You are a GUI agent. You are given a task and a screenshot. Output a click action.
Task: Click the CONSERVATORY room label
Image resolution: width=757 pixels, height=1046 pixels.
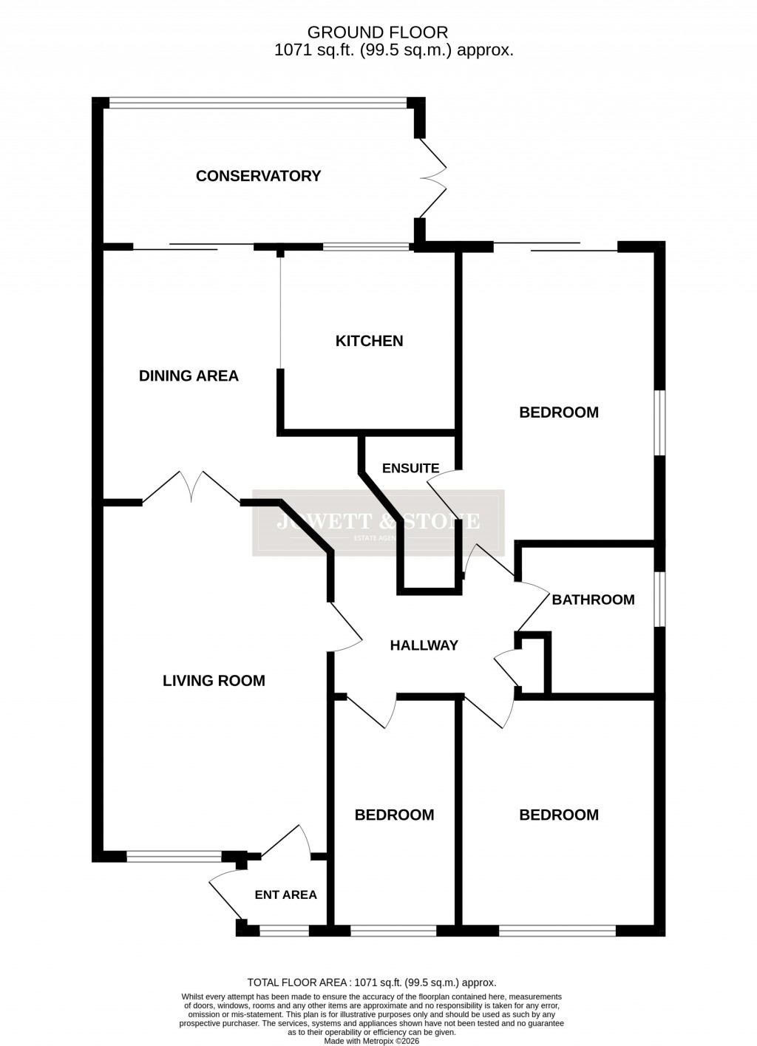[258, 176]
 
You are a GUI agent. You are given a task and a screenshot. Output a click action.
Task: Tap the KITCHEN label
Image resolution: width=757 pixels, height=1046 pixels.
[369, 341]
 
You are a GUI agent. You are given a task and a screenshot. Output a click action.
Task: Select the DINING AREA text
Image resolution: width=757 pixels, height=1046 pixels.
[189, 376]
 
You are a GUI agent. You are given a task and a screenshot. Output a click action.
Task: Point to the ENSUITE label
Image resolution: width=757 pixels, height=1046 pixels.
[410, 468]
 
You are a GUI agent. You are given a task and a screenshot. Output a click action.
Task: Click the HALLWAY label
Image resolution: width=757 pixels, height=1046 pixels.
[424, 645]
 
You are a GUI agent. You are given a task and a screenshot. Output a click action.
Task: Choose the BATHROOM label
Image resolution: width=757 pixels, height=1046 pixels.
[593, 600]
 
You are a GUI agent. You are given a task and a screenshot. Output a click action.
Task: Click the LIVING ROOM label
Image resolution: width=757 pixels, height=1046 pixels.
[214, 681]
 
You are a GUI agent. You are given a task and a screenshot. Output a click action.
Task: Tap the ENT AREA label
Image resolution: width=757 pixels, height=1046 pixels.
[285, 894]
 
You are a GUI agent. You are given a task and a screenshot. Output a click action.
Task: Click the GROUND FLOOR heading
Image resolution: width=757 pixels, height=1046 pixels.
[377, 32]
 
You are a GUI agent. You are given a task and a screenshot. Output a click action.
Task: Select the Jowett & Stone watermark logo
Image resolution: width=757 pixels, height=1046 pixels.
[378, 523]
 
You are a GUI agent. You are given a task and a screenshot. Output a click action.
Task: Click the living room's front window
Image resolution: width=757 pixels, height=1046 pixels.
[174, 857]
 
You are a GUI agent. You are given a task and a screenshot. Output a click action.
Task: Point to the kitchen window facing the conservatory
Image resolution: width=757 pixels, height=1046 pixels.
[366, 247]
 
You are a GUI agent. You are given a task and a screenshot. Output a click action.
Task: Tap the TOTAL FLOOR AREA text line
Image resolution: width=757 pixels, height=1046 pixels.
[371, 982]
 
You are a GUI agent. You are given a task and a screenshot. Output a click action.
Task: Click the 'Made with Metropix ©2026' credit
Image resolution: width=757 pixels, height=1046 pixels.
[371, 1040]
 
